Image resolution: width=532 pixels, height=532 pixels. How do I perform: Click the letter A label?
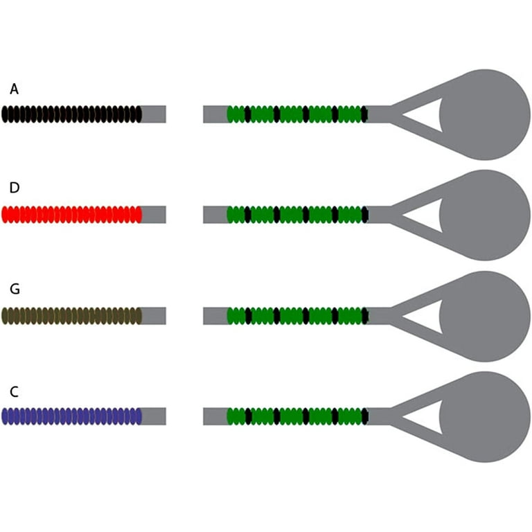pos(14,89)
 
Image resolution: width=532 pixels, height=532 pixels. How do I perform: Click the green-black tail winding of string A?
pos(297,114)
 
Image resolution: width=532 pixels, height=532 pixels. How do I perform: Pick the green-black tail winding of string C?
pos(297,416)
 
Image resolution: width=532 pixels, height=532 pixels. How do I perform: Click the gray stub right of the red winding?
pos(154,215)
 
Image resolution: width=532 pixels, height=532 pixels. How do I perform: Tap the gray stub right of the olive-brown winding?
pos(154,316)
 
